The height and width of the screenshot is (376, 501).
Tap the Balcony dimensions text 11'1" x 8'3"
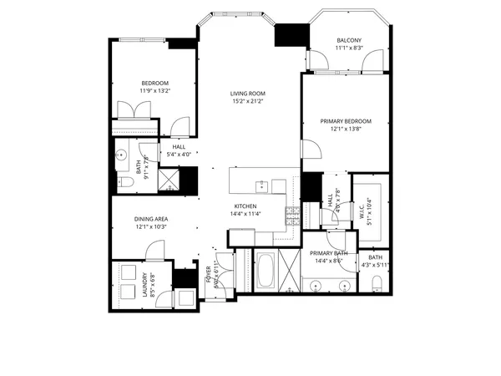pyautogui.click(x=349, y=49)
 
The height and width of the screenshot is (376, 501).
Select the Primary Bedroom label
pyautogui.click(x=346, y=121)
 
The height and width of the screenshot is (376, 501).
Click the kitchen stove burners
pyautogui.click(x=292, y=217)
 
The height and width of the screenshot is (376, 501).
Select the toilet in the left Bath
pyautogui.click(x=121, y=181)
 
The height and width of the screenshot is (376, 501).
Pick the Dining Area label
pyautogui.click(x=151, y=219)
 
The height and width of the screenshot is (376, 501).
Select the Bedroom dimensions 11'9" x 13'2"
pyautogui.click(x=155, y=92)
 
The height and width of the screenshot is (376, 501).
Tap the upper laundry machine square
pyautogui.click(x=129, y=272)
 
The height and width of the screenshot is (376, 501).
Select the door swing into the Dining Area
pyautogui.click(x=154, y=250)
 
